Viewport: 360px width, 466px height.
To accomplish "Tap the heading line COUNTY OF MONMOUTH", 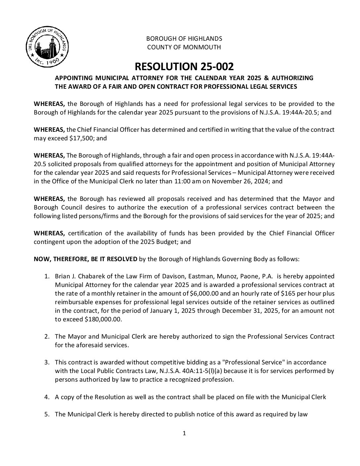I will click(184, 47).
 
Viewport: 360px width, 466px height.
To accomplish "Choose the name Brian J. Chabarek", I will click(77, 276).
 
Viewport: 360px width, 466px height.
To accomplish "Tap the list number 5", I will click(47, 414).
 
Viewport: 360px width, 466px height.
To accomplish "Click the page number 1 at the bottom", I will click(184, 433).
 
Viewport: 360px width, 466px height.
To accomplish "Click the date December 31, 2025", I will click(248, 311).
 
